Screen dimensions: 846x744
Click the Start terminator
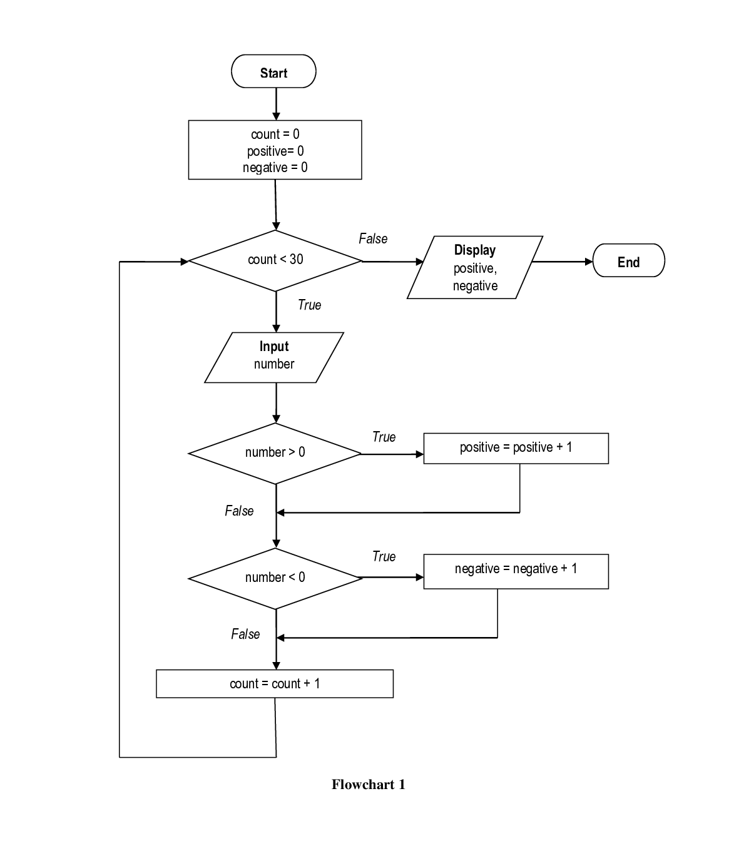273,71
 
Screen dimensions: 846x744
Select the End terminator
628,260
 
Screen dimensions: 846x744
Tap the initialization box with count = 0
275,150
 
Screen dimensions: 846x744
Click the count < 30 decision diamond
275,260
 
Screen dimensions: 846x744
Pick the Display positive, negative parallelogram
474,268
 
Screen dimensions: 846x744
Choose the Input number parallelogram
274,357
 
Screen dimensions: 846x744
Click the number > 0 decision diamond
275,453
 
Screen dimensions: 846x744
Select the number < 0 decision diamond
275,578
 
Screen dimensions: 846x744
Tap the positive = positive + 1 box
516,448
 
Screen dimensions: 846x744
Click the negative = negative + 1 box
516,571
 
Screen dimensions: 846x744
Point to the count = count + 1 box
275,683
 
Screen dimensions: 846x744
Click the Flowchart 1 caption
368,786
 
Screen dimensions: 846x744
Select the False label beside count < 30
374,240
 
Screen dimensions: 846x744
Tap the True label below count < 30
311,306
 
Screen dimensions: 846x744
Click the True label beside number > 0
385,438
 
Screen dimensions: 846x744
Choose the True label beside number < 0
385,558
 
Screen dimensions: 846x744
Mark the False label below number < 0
243,635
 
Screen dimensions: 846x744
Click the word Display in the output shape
475,250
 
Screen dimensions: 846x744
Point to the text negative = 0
275,168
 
